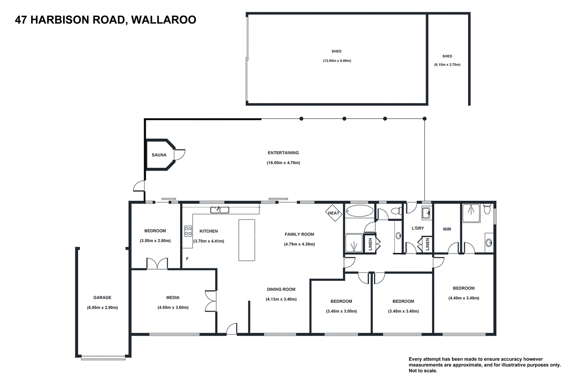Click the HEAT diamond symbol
pos(333,213)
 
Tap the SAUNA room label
pos(159,155)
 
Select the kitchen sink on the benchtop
pos(219,210)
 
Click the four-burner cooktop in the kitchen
pos(188,231)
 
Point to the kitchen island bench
pos(247,240)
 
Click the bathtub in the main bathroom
pos(359,211)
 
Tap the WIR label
pos(447,229)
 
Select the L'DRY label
pos(418,228)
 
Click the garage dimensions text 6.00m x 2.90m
pos(102,308)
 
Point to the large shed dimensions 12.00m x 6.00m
pos(337,61)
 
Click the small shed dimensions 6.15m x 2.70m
pos(447,65)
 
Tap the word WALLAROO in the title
pos(163,20)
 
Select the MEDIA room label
pos(173,298)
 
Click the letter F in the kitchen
pos(187,259)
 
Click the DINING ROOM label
pos(281,290)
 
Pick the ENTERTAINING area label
pos(283,153)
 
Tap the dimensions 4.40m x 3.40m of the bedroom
pos(464,298)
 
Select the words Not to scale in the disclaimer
pos(423,371)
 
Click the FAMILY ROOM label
pos(299,234)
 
